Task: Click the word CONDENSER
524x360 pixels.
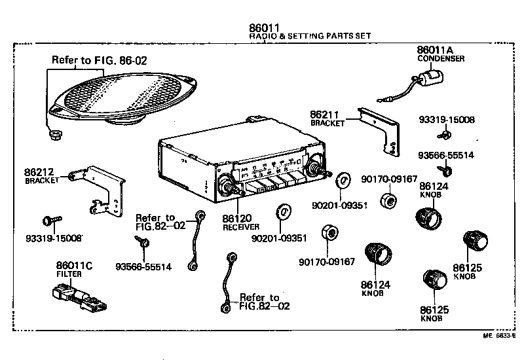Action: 441,59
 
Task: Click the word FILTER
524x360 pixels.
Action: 69,274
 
